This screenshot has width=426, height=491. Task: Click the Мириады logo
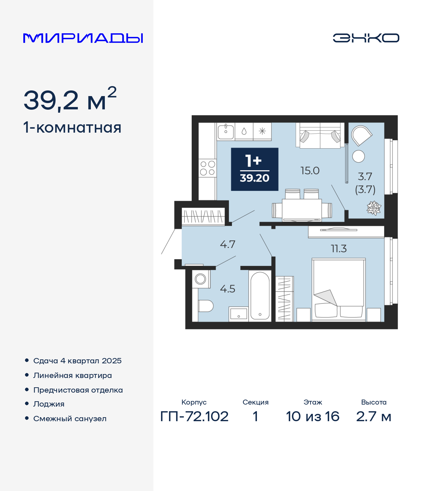click(83, 38)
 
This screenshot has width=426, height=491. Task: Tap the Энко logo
click(366, 38)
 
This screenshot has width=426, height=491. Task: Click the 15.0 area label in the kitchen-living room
click(310, 171)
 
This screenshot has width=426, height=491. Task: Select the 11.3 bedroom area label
click(339, 248)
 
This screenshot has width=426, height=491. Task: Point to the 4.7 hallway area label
click(228, 244)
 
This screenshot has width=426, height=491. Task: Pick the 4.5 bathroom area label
click(228, 289)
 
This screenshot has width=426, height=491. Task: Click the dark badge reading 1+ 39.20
click(255, 169)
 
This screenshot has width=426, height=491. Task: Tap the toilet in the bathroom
click(205, 306)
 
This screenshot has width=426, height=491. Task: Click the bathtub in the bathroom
click(260, 296)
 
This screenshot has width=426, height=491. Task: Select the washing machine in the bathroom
click(201, 279)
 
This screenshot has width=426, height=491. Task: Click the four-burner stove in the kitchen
click(207, 168)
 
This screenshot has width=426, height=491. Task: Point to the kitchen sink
click(226, 131)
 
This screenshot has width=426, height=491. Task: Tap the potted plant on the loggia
click(374, 208)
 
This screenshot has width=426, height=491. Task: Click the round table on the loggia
click(358, 156)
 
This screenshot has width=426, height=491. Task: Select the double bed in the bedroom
click(338, 290)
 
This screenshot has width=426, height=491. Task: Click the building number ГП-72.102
click(194, 417)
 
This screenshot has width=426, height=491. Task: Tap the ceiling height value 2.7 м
click(374, 417)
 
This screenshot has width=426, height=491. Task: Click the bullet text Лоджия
click(49, 404)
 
